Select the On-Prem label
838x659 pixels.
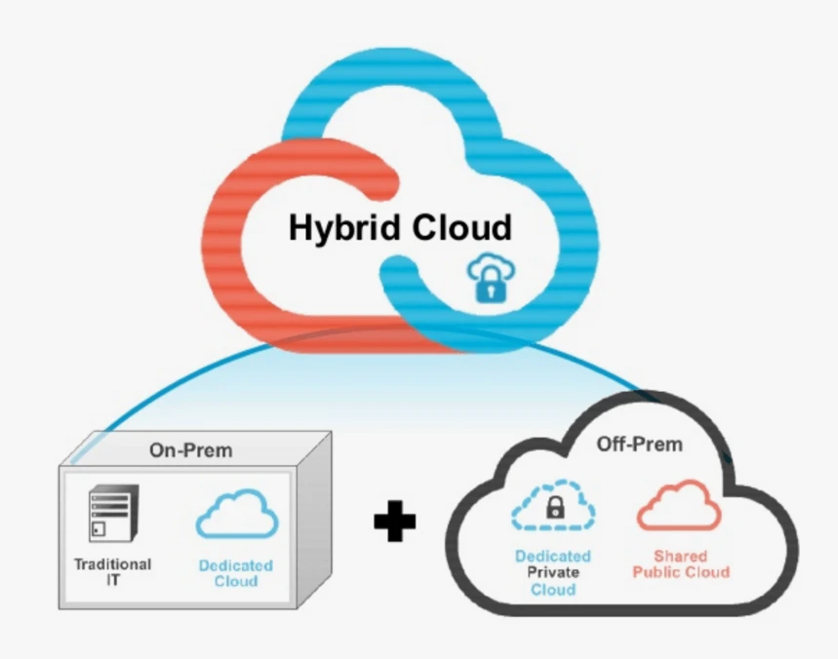pyautogui.click(x=191, y=450)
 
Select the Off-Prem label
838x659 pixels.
pyautogui.click(x=639, y=445)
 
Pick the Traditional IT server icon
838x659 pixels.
pyautogui.click(x=109, y=514)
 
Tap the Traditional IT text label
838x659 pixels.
pyautogui.click(x=112, y=572)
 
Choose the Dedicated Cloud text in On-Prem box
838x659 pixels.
pyautogui.click(x=235, y=573)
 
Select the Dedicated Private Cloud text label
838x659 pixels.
pyautogui.click(x=554, y=573)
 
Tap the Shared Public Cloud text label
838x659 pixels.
pyautogui.click(x=680, y=564)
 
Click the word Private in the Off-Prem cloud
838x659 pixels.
pyautogui.click(x=554, y=573)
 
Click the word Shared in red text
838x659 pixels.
pyautogui.click(x=680, y=557)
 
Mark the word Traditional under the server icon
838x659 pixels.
pyautogui.click(x=112, y=564)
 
